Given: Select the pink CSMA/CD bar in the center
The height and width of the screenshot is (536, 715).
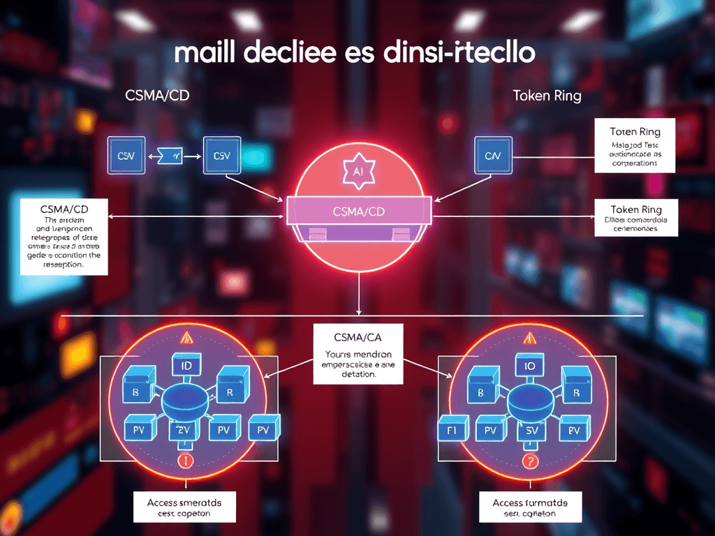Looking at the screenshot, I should pyautogui.click(x=357, y=211).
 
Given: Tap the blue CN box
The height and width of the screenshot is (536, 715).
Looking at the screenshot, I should pyautogui.click(x=493, y=155).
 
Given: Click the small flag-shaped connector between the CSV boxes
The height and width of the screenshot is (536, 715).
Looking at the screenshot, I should pyautogui.click(x=170, y=156).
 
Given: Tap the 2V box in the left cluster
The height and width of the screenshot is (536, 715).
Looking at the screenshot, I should pyautogui.click(x=184, y=429).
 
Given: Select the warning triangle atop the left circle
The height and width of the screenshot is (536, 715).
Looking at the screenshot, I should pyautogui.click(x=186, y=339).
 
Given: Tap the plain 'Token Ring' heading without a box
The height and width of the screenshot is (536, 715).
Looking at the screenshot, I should pyautogui.click(x=547, y=96).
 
